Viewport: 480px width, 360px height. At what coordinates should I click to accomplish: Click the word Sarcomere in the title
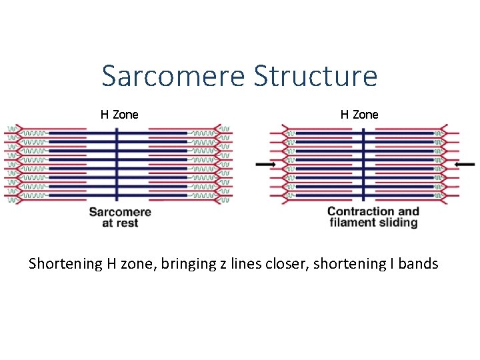point(174,76)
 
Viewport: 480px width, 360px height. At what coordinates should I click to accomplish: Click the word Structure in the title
point(315,76)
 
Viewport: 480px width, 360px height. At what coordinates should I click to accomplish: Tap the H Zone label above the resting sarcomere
point(119,115)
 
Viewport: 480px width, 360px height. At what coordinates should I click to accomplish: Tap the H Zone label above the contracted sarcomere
point(359,115)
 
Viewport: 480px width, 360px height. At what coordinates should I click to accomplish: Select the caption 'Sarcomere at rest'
point(120,218)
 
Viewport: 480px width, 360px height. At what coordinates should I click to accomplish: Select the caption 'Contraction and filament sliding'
point(373,217)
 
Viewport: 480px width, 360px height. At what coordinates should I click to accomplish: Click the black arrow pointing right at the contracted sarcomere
point(265,164)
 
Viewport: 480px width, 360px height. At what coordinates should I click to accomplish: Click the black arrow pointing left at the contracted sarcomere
point(464,164)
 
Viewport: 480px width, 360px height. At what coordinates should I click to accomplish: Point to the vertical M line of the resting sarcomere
point(117,163)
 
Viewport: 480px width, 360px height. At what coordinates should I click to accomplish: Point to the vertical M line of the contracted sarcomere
point(363,163)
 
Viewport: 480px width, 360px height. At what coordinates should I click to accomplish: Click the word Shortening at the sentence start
point(65,264)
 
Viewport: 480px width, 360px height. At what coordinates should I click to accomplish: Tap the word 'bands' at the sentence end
point(419,264)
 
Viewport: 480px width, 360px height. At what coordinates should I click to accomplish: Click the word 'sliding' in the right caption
point(397,223)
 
